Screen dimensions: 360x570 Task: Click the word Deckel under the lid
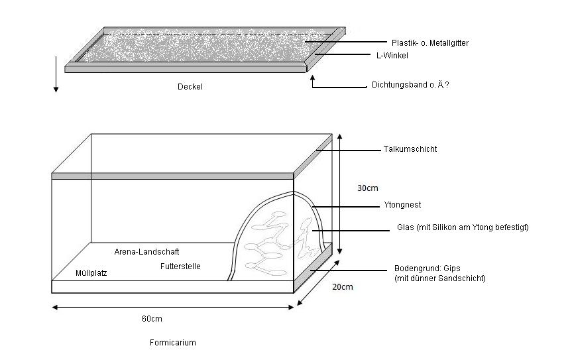(190, 86)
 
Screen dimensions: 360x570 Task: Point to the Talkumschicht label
(410, 149)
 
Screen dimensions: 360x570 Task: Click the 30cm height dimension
(368, 188)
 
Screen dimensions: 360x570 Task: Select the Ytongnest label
(402, 205)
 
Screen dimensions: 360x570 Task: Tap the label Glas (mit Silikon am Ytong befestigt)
(463, 228)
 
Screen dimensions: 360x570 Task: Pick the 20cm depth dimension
(343, 286)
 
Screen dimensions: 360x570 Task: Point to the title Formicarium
(172, 343)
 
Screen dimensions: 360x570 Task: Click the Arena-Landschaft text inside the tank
(147, 252)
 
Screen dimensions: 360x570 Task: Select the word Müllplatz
(91, 272)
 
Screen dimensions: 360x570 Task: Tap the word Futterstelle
(180, 267)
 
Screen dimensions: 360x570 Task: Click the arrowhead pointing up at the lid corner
(312, 78)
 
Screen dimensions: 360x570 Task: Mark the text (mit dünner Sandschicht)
(440, 278)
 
